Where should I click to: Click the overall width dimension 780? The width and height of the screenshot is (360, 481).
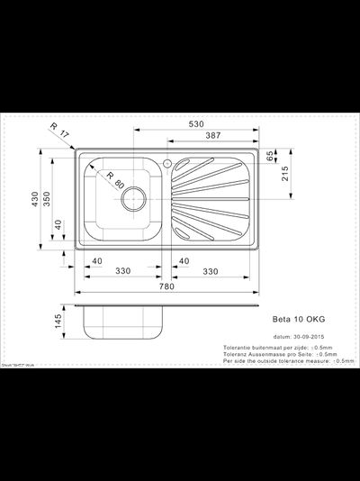[x=166, y=287]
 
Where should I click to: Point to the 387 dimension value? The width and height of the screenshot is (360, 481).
[x=214, y=135]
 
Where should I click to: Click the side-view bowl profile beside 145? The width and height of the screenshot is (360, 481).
[x=121, y=321]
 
